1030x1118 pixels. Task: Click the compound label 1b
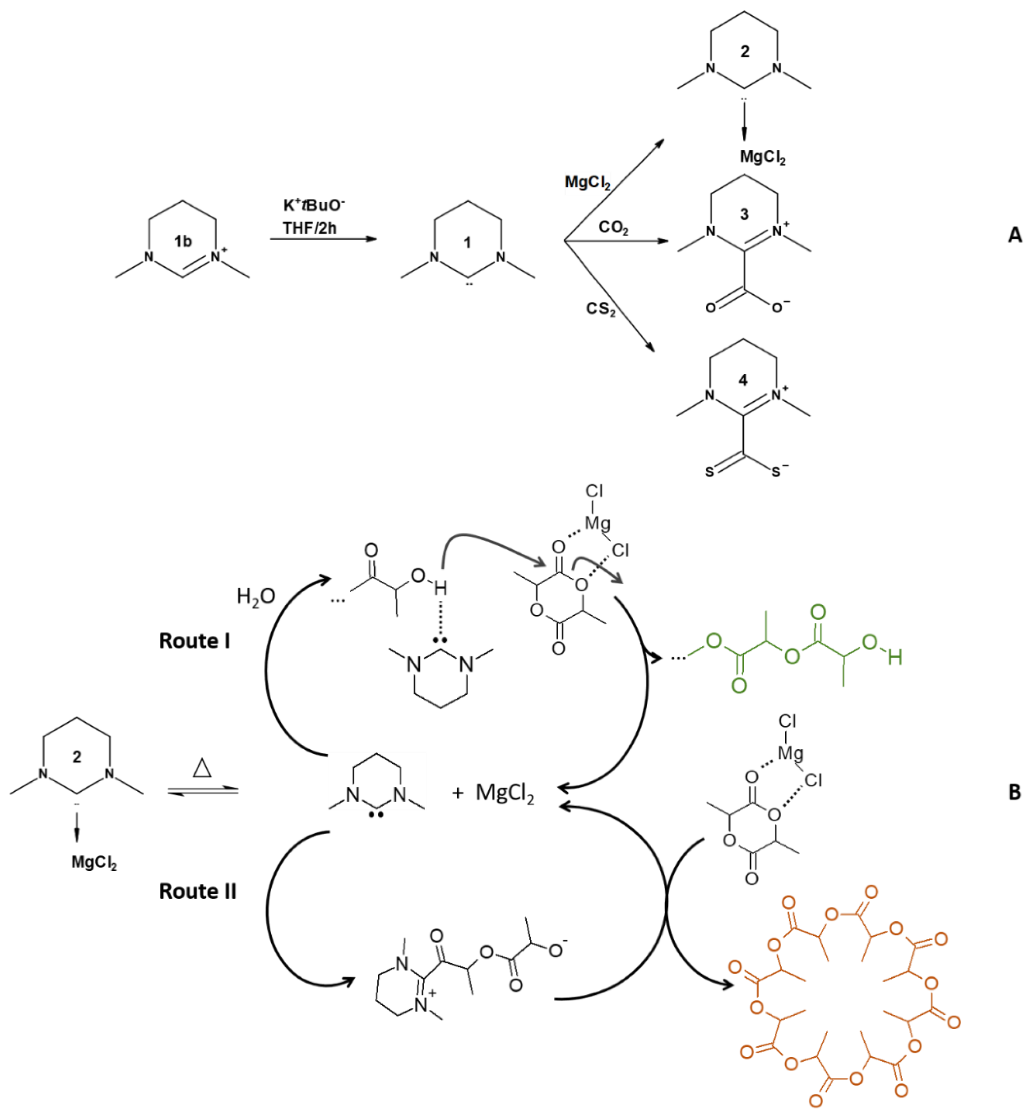[182, 241]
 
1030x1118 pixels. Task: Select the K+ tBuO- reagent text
[314, 206]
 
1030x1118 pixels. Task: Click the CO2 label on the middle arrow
[614, 227]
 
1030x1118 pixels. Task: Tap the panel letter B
[1014, 792]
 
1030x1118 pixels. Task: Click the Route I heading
[195, 641]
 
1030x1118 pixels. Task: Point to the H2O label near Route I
[256, 597]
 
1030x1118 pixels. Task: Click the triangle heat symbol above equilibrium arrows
[202, 769]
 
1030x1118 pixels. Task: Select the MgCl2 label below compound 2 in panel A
[763, 157]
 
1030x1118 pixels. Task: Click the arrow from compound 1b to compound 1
[323, 239]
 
